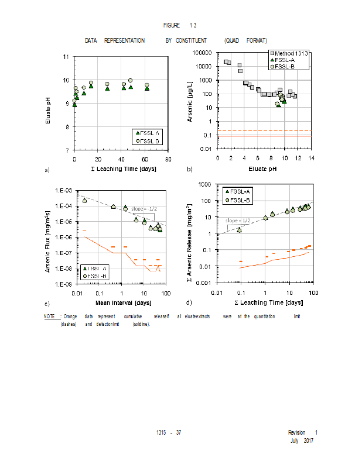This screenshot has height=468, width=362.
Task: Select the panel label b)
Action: pyautogui.click(x=190, y=170)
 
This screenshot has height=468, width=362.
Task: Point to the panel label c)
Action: pyautogui.click(x=46, y=302)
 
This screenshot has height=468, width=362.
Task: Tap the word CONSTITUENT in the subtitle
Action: pyautogui.click(x=190, y=40)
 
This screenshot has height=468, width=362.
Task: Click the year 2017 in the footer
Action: pyautogui.click(x=309, y=440)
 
